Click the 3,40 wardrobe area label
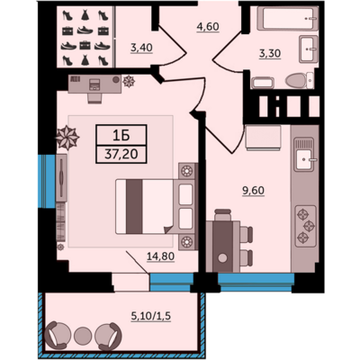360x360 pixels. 141,48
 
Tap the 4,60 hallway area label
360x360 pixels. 208,26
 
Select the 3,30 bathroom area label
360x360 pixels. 270,53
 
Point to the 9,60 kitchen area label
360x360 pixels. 254,191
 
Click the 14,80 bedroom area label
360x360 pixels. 160,256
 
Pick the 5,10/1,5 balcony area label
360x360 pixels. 151,316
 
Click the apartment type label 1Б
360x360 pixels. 121,136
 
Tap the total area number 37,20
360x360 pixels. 121,154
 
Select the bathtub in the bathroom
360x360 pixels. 287,19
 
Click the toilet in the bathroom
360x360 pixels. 299,81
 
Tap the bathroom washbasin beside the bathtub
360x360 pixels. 309,49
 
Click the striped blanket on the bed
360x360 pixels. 134,206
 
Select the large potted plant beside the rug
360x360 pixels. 67,138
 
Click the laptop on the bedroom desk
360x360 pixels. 95,83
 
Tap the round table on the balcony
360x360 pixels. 82,335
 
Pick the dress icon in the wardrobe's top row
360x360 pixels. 85,15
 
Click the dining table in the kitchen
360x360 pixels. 222,247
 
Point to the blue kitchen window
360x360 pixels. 256,283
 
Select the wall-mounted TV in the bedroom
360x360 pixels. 61,178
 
